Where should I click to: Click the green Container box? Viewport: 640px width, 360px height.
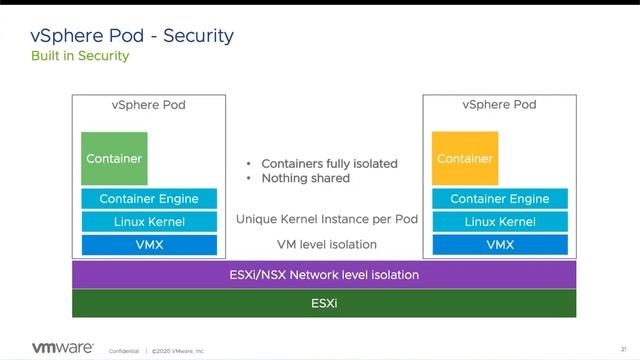114,158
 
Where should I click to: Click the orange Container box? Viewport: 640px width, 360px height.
465,158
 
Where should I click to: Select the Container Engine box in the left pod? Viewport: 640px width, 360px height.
149,199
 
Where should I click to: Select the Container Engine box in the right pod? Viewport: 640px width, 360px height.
500,199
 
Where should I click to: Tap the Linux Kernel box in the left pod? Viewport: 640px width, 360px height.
149,222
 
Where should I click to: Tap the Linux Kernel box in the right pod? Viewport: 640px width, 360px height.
500,222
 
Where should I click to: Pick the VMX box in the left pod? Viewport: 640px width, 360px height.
149,244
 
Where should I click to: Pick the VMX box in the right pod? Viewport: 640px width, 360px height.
500,244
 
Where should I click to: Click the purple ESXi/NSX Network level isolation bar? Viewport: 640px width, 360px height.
324,274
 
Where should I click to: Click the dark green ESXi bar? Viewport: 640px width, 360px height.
324,302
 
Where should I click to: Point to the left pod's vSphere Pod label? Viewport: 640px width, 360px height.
148,105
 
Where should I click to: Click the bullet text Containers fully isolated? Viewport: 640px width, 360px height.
329,163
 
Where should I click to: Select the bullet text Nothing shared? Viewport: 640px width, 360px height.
305,178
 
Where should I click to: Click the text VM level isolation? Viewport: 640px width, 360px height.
327,244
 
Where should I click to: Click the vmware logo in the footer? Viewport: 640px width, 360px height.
62,348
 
